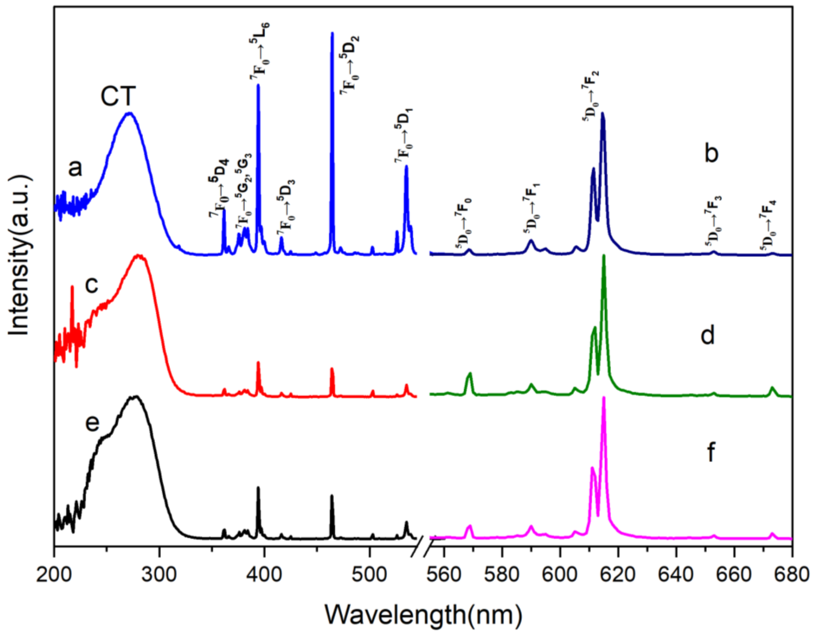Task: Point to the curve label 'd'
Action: coord(707,335)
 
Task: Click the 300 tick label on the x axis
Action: coord(159,575)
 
